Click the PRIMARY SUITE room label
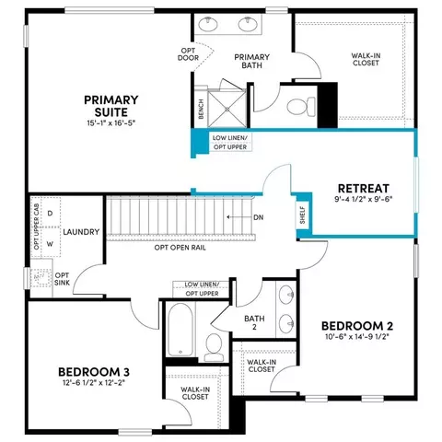click(x=111, y=106)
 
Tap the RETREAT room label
click(x=364, y=188)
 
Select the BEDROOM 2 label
click(x=357, y=326)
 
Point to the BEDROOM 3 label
click(x=94, y=372)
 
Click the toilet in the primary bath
click(x=301, y=107)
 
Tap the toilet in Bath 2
click(x=214, y=347)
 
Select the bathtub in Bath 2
click(x=180, y=330)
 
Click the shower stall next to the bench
click(x=227, y=108)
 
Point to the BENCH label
click(x=201, y=109)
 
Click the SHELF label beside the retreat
click(x=303, y=215)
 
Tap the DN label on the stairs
click(x=259, y=217)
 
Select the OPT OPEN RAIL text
click(x=180, y=248)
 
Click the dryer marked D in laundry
click(x=51, y=213)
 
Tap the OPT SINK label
click(x=62, y=279)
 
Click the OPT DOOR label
click(x=188, y=54)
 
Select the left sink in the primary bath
click(x=208, y=24)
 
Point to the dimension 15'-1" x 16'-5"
click(x=111, y=123)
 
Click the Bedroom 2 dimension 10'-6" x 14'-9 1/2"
click(x=357, y=337)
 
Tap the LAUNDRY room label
click(x=81, y=232)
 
